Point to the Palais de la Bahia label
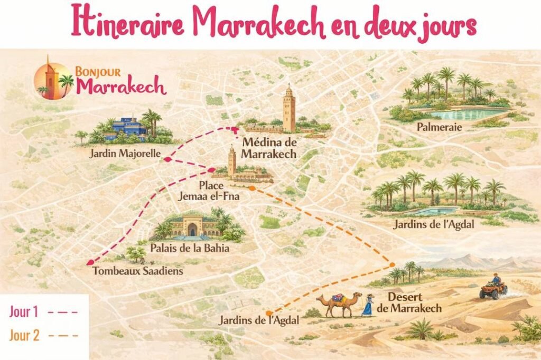coord(189,248)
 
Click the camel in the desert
coord(339,305)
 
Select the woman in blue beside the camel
coord(367,306)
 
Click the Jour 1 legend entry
coord(43,311)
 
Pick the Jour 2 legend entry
coord(43,335)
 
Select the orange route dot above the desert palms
coord(392,264)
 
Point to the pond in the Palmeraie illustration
coord(460,113)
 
